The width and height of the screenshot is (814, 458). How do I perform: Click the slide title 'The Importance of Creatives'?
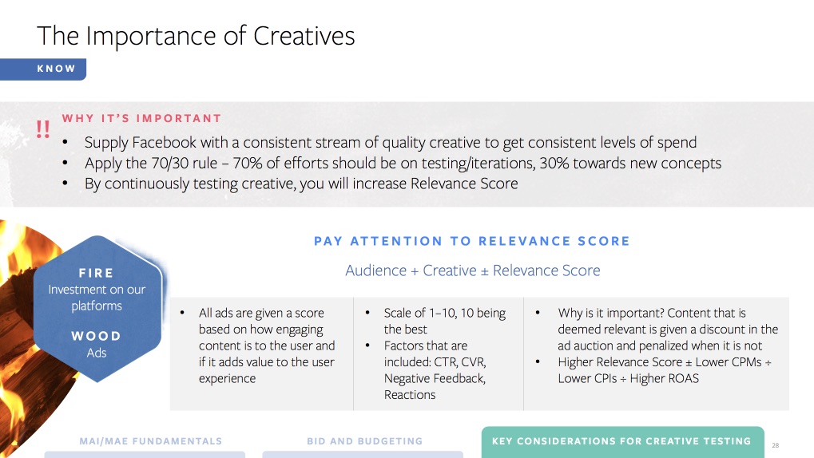196,36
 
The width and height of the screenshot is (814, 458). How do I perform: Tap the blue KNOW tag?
43,69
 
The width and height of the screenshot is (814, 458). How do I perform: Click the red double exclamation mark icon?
43,128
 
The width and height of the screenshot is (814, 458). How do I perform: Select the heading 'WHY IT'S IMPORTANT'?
141,118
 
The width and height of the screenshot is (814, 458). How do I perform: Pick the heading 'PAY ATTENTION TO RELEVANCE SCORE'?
472,241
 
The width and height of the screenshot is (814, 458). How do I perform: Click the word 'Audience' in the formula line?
376,270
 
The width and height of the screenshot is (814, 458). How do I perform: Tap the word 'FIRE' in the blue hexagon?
96,273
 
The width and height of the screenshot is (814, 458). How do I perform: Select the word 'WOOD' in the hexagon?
96,336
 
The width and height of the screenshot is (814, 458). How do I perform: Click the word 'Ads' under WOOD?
97,353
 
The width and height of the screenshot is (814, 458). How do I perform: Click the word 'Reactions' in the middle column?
410,395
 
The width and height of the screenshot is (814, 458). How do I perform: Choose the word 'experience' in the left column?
227,379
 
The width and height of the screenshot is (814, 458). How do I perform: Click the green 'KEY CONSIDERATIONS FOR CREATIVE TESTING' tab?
622,441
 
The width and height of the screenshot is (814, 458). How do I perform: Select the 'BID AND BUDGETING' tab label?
364,441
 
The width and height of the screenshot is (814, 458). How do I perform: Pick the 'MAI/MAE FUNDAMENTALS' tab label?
150,441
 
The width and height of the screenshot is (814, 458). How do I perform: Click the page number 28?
776,445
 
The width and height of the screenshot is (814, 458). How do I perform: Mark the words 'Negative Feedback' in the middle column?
435,379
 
